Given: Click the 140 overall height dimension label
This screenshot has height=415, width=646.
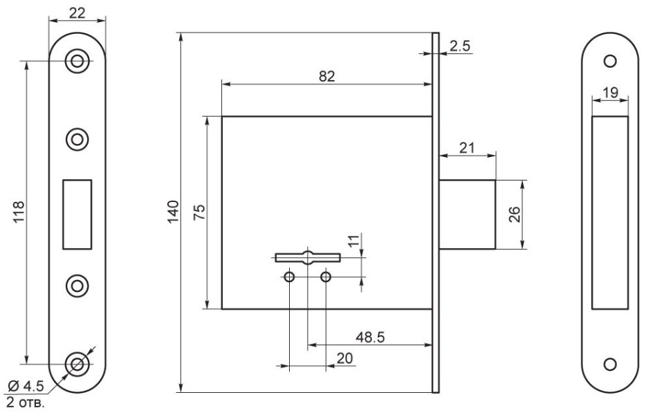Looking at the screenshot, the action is (174, 212).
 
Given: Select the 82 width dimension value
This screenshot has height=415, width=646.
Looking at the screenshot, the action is (327, 76).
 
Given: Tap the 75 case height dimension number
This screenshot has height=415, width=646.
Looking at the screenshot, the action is (199, 212).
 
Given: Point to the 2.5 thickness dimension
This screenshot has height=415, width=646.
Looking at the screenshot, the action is (459, 46).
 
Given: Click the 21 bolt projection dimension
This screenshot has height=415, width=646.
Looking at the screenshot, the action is (467, 147).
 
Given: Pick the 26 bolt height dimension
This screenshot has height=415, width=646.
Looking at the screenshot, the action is (515, 214).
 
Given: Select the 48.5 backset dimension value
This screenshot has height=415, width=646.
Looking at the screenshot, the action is (371, 337).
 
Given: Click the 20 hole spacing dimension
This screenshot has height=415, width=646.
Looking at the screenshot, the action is (344, 358).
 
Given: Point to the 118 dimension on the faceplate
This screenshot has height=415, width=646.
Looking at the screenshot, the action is (19, 212).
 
